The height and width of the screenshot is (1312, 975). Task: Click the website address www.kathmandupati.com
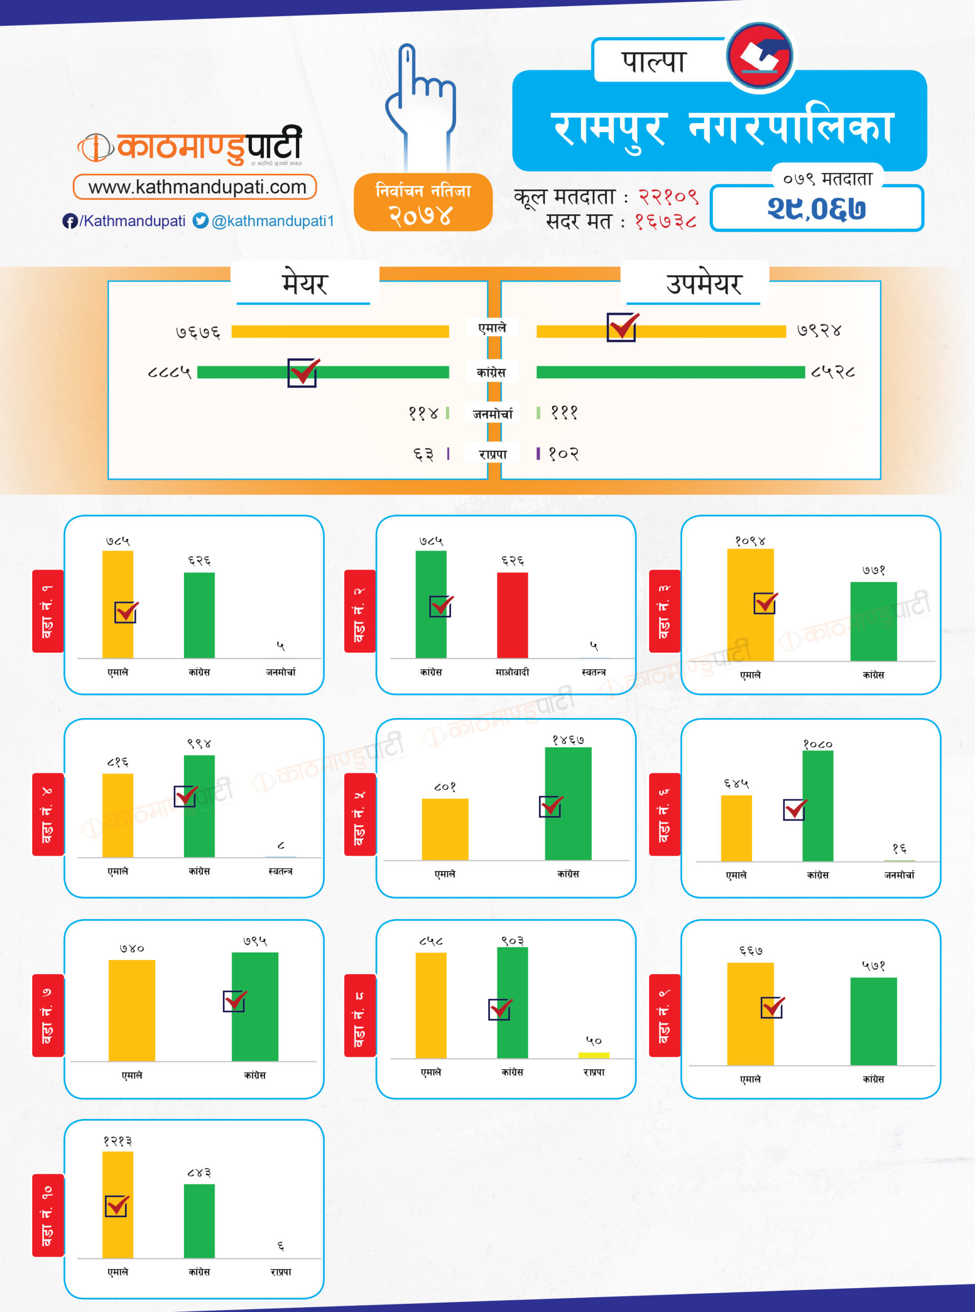click(x=197, y=187)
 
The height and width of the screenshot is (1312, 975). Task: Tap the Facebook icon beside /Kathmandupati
click(x=70, y=221)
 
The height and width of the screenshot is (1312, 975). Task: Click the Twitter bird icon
click(x=201, y=221)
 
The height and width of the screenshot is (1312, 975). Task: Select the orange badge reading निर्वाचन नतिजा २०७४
click(x=423, y=202)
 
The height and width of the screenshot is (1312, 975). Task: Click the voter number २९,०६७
click(x=816, y=209)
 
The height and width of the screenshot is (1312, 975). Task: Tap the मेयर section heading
click(x=304, y=284)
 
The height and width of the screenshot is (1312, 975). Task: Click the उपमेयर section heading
click(x=703, y=284)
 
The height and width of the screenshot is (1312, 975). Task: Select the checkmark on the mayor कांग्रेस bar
click(x=303, y=373)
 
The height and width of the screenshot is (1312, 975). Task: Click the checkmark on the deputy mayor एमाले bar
click(x=622, y=327)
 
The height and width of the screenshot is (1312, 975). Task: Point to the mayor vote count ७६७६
click(x=198, y=332)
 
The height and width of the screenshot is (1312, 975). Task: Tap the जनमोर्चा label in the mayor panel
click(x=492, y=414)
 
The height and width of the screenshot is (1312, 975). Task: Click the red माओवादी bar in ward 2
click(x=512, y=615)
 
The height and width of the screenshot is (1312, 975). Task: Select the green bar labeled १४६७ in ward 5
click(x=568, y=803)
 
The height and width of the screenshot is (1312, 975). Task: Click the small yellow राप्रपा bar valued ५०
click(x=594, y=1055)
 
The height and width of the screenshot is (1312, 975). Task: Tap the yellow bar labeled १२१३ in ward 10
click(x=117, y=1204)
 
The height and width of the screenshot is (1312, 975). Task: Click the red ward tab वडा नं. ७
click(x=47, y=1015)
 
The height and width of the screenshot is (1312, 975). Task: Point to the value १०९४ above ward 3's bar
click(x=750, y=541)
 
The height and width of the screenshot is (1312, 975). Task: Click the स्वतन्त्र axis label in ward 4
click(x=280, y=871)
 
